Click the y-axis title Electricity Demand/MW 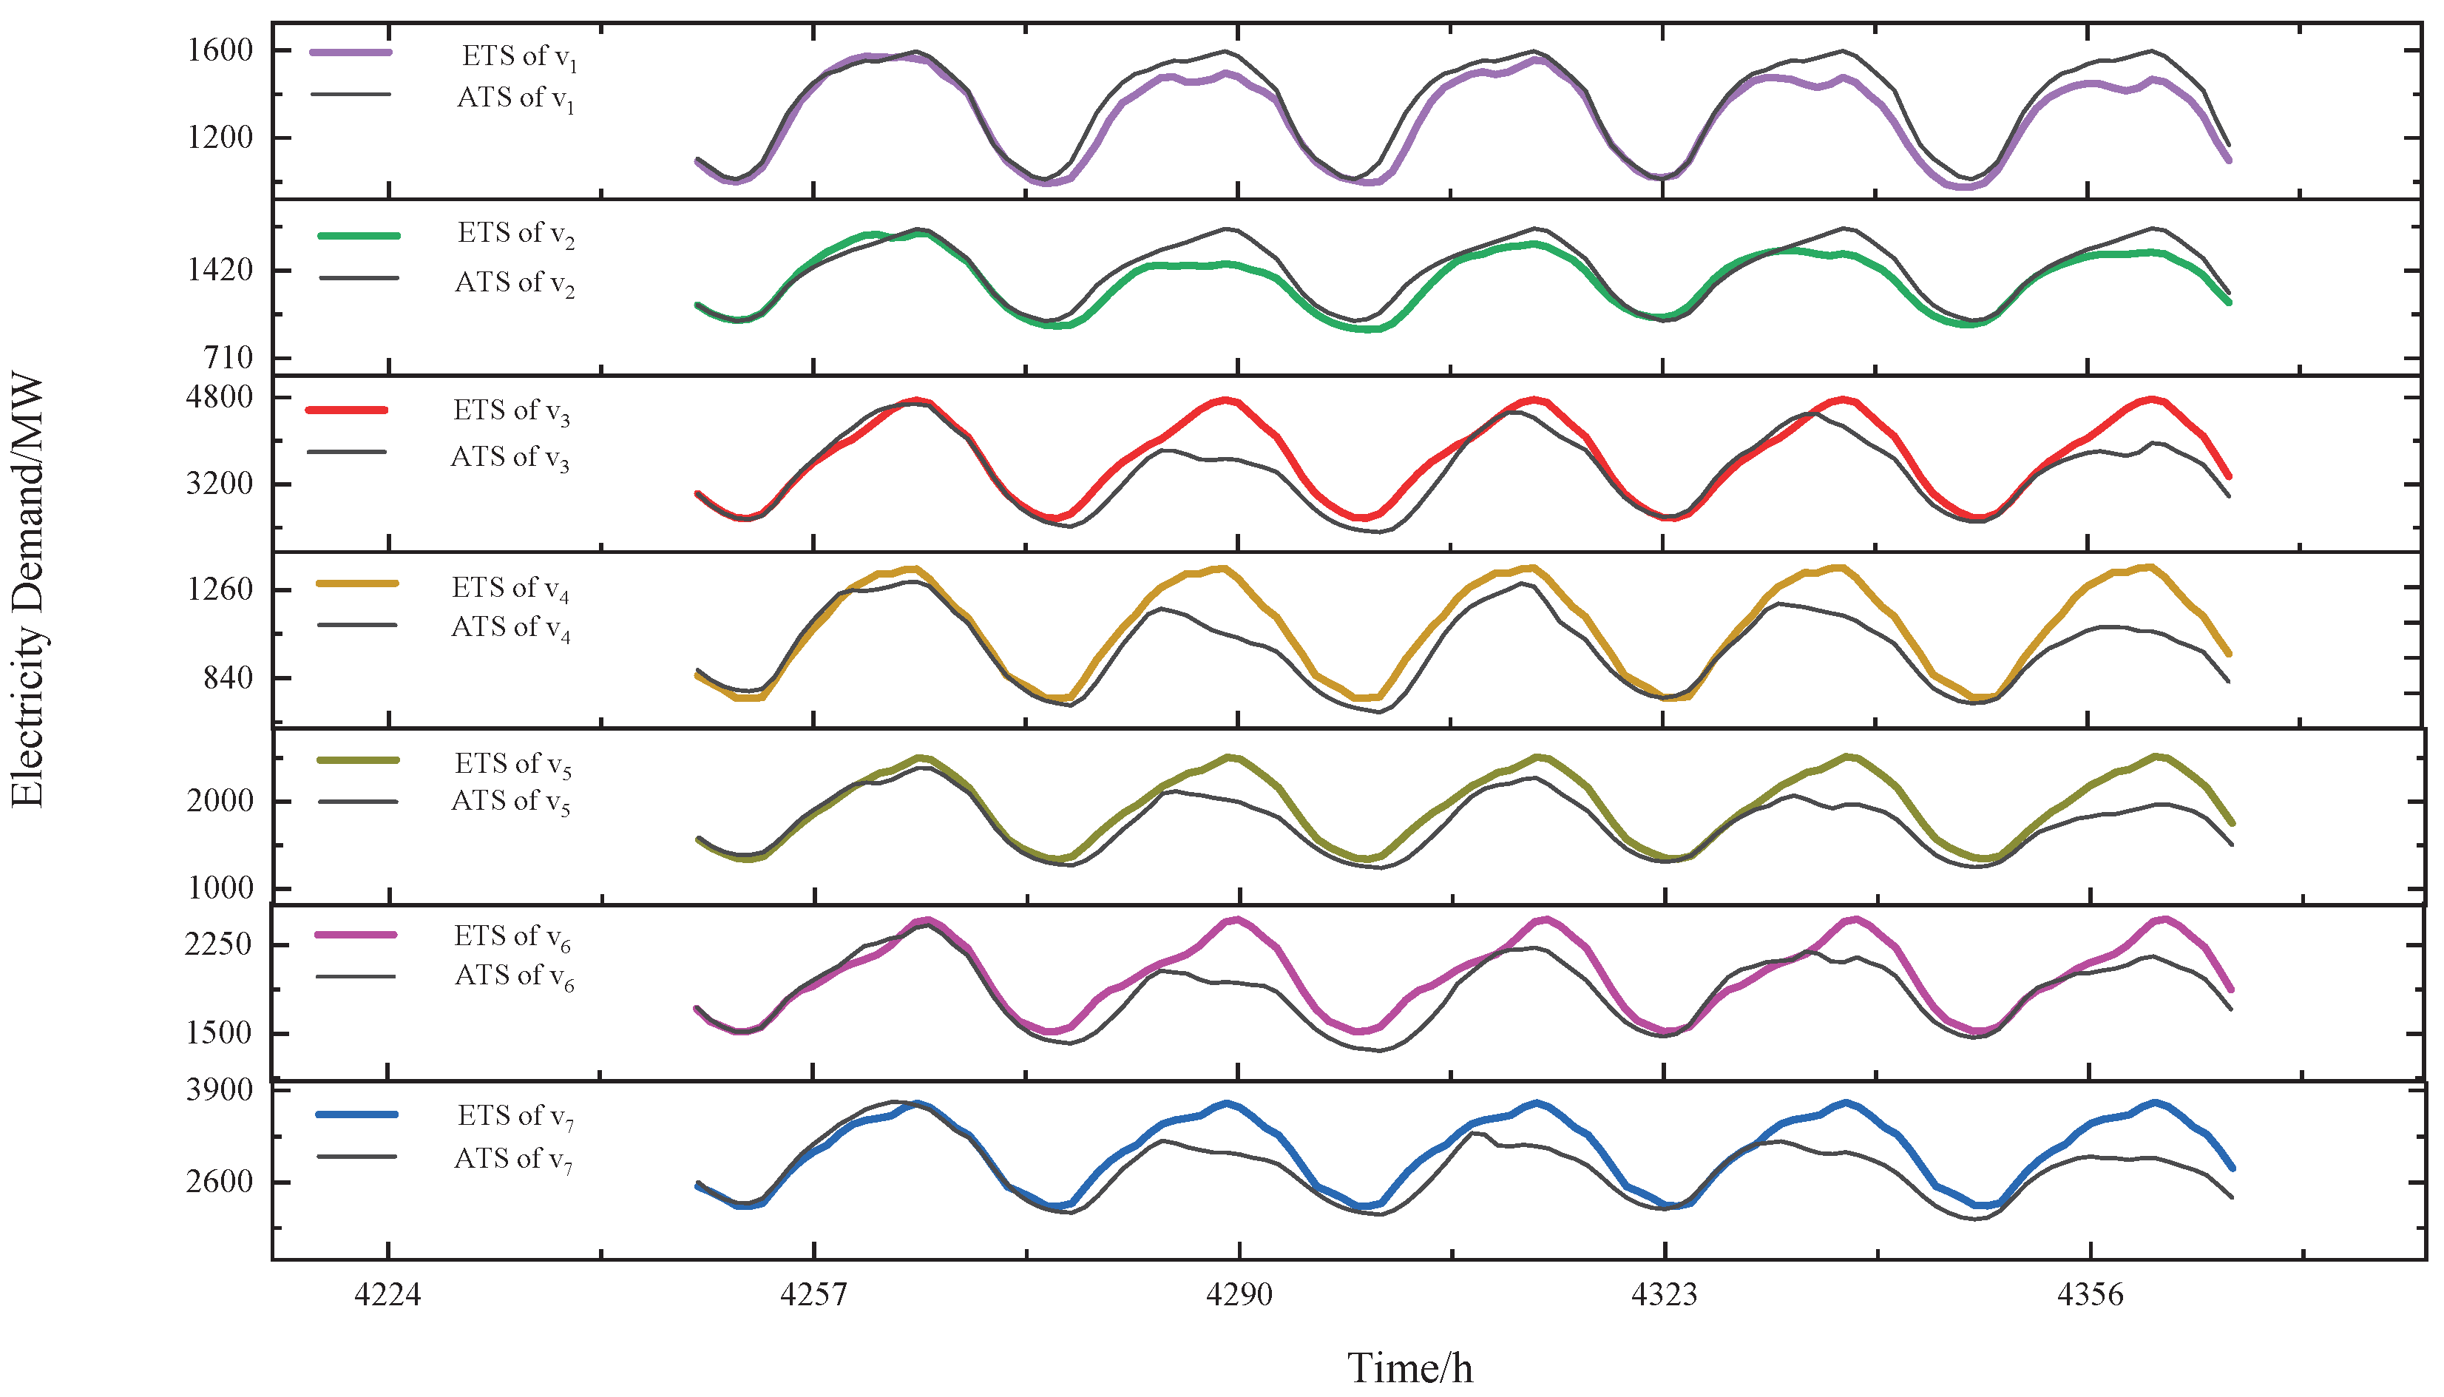click(x=27, y=591)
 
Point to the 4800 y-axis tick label click(x=220, y=397)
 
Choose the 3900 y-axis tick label click(x=220, y=1091)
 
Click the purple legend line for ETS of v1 click(x=351, y=53)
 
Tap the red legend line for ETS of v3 click(x=346, y=410)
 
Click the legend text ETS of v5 click(x=513, y=765)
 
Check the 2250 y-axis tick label click(x=220, y=945)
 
